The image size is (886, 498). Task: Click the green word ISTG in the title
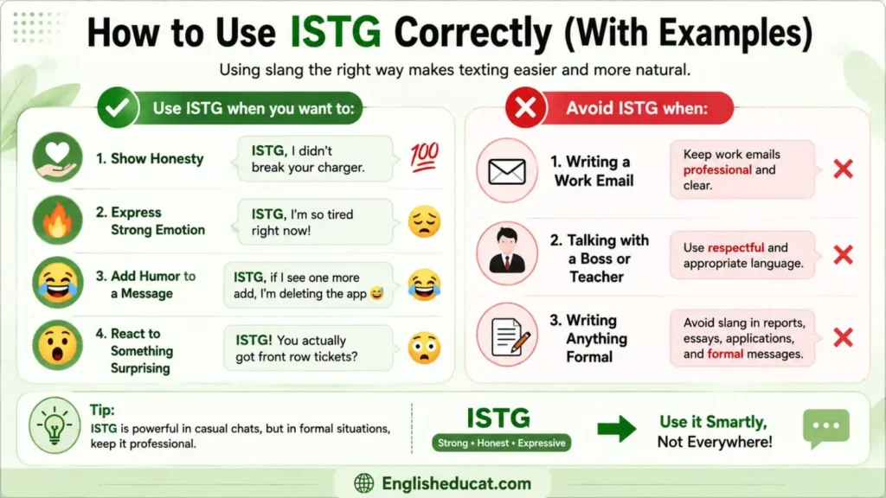(336, 33)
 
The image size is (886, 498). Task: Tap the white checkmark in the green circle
(118, 107)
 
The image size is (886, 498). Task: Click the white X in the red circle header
(525, 107)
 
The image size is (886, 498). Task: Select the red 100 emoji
(424, 157)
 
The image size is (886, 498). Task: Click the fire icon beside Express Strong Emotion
(57, 220)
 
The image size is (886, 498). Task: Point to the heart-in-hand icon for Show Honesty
(57, 157)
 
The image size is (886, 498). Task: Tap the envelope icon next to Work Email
(507, 171)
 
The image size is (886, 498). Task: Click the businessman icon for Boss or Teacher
(507, 252)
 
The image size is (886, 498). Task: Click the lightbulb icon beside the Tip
(55, 426)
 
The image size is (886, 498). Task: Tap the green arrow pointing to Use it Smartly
(617, 429)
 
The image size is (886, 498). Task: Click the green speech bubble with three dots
(826, 428)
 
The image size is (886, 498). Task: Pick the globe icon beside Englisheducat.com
(364, 483)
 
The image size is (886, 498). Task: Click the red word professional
(717, 170)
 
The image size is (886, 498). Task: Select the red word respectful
(735, 247)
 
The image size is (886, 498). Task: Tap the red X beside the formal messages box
(843, 338)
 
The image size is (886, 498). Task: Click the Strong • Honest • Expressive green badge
(502, 443)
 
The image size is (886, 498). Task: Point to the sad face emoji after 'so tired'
(424, 221)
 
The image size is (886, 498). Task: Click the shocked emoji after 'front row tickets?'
(424, 348)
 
